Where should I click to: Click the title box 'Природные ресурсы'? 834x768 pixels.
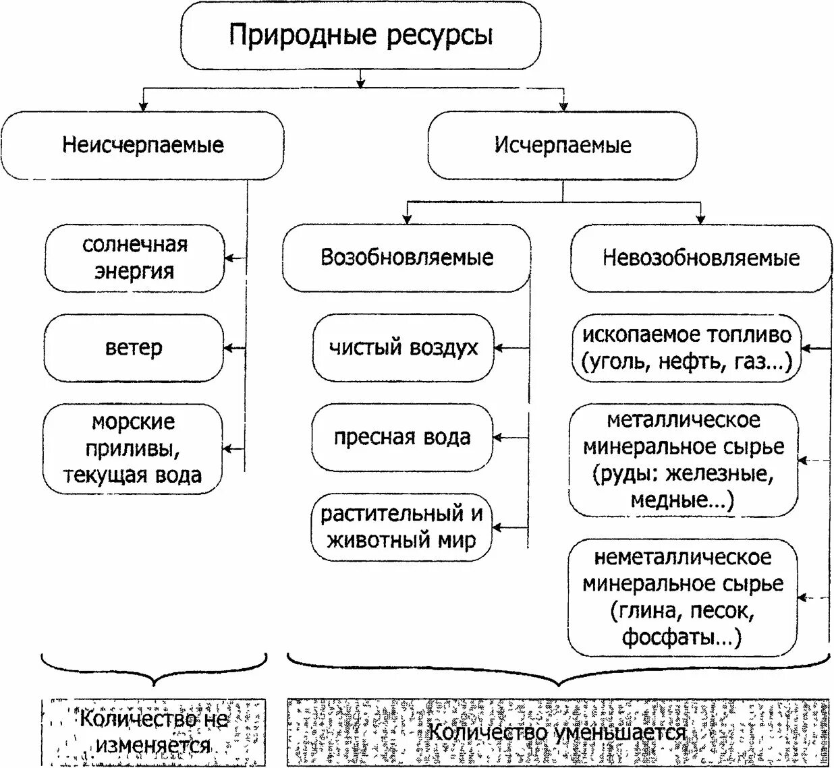[360, 35]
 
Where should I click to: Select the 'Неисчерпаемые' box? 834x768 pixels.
[142, 146]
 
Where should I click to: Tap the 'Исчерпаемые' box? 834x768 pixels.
[563, 146]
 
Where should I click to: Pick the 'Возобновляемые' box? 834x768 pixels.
[406, 258]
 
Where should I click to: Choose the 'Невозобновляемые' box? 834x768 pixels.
[701, 258]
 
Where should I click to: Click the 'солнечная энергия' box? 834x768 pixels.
[134, 258]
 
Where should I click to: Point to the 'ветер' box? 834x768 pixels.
[134, 348]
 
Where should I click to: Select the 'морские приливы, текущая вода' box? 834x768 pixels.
[132, 448]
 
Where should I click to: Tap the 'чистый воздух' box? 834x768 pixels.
[403, 348]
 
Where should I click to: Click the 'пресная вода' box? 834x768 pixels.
[402, 438]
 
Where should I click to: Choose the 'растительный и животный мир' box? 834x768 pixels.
[401, 527]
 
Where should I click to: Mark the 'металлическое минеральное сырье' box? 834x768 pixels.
[684, 461]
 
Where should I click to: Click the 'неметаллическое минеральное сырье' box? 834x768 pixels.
[683, 597]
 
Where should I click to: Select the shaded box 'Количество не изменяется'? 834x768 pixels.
[153, 732]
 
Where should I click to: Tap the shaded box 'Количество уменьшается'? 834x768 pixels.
[557, 732]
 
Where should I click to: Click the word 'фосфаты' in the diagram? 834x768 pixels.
[671, 637]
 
